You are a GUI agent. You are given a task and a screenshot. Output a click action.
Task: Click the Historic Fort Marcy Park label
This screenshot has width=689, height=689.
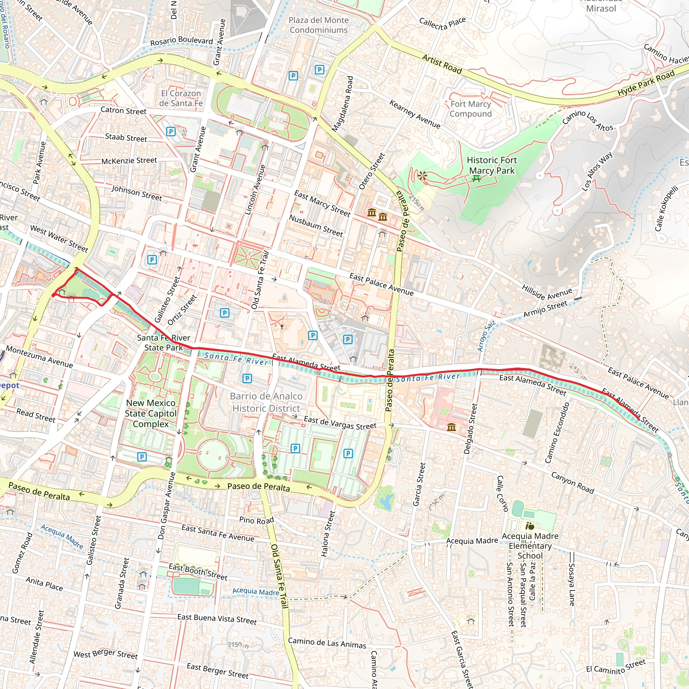point(492,166)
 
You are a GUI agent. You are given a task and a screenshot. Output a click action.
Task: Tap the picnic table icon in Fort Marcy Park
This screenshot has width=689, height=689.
point(476,179)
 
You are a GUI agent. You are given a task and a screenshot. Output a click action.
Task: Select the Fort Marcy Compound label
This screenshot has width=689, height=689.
point(470,109)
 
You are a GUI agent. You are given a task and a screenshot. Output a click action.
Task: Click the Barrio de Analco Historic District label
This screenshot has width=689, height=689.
point(266,402)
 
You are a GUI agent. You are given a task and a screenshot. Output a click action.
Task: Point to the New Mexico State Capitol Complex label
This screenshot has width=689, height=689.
point(150,413)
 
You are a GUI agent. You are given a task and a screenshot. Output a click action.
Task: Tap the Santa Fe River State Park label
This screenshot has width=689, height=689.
point(164,342)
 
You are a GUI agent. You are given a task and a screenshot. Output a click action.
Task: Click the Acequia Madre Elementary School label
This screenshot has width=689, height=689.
point(530,546)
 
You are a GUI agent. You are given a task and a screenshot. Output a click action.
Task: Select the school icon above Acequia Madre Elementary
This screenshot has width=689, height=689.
point(530,526)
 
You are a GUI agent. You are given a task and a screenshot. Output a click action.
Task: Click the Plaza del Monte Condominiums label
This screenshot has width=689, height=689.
point(319,25)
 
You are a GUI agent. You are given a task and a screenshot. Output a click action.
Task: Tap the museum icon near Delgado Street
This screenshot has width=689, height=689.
point(451,427)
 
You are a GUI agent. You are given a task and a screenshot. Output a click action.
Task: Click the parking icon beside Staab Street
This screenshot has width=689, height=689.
point(171,132)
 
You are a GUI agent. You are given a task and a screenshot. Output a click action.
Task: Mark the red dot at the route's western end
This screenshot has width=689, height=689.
point(53,295)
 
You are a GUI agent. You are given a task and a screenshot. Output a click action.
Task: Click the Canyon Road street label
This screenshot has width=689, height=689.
point(572,482)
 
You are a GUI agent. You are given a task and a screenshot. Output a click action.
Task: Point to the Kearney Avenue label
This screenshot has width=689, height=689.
point(415,114)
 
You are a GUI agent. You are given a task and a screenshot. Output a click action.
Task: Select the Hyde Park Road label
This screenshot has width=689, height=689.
point(646,83)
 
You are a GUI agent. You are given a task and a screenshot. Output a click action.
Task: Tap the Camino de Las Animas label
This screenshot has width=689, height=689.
point(327,643)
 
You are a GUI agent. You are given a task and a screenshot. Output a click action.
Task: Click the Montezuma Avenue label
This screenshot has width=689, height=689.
point(40,357)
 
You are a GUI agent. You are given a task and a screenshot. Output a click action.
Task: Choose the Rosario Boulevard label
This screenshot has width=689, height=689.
point(181,41)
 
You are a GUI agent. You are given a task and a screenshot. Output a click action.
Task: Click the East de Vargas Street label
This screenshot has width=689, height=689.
point(340,423)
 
